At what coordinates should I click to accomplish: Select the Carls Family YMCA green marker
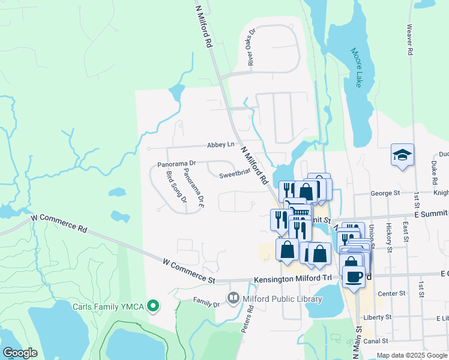pyautogui.click(x=153, y=307)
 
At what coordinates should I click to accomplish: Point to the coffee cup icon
pyautogui.click(x=354, y=276)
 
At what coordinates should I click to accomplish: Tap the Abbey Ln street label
pyautogui.click(x=220, y=145)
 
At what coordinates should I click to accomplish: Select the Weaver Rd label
pyautogui.click(x=409, y=40)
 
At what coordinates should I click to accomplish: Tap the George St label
pyautogui.click(x=385, y=193)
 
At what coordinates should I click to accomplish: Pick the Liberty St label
pyautogui.click(x=377, y=317)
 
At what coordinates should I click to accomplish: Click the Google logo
pyautogui.click(x=20, y=353)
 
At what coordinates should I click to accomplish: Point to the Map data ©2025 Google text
pyautogui.click(x=411, y=355)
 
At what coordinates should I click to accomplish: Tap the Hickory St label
pyautogui.click(x=389, y=237)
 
